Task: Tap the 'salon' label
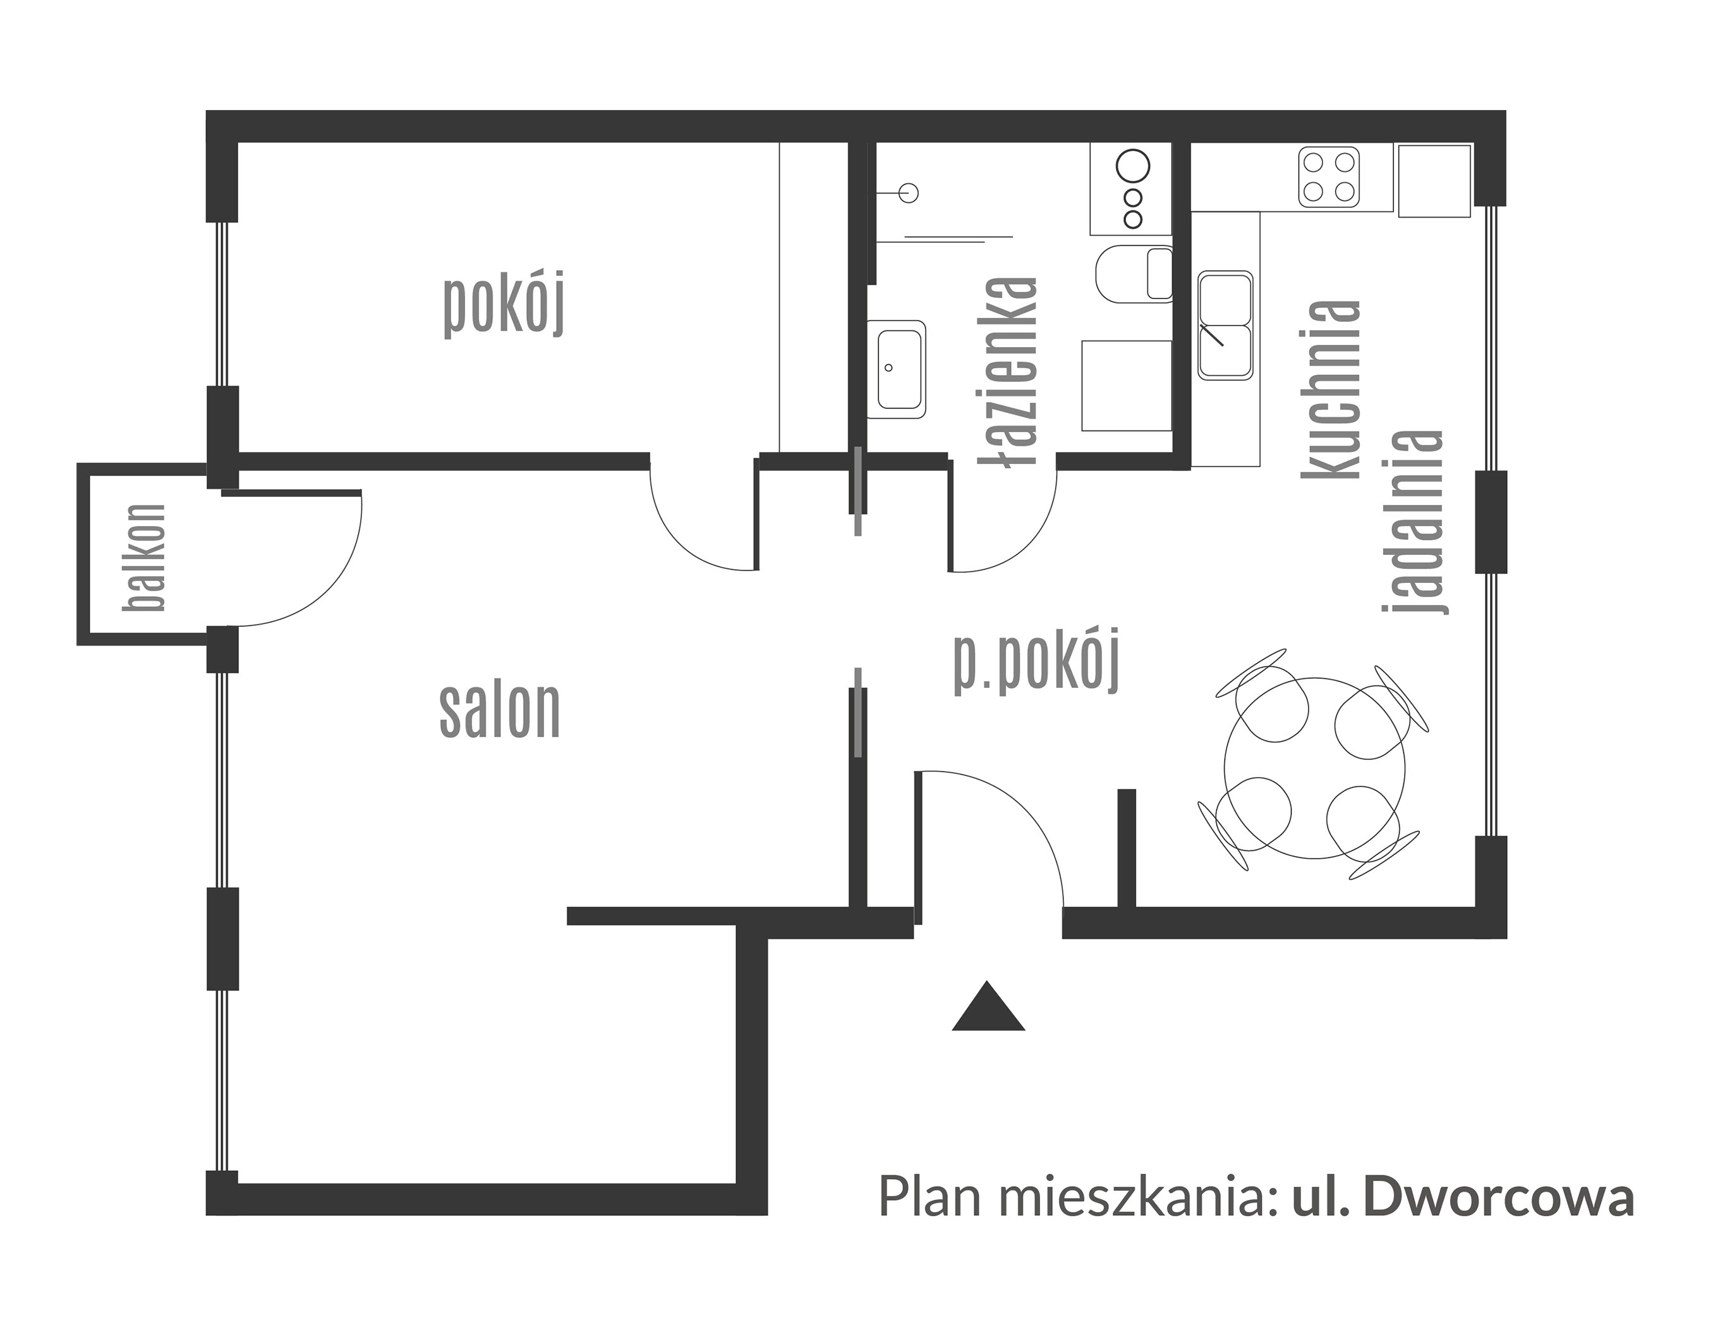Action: point(500,710)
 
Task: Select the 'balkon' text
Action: point(145,558)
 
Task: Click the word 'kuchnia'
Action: point(1330,389)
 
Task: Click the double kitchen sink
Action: point(1225,325)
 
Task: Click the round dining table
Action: point(1314,768)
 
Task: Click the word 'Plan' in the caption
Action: point(930,1220)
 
